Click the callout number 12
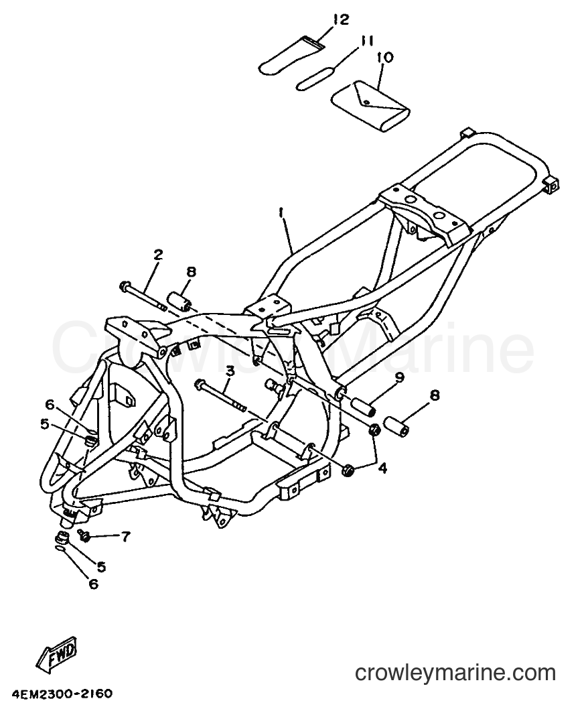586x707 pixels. coord(342,20)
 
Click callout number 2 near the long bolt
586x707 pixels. coord(157,255)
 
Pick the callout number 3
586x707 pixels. coord(230,371)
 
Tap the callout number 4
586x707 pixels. coord(382,469)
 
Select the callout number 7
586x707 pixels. coord(125,537)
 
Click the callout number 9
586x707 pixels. coord(399,377)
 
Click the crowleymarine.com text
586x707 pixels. coord(455,673)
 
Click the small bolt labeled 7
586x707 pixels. coord(84,535)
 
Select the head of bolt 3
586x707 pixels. coord(199,385)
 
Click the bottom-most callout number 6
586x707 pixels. coord(93,584)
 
